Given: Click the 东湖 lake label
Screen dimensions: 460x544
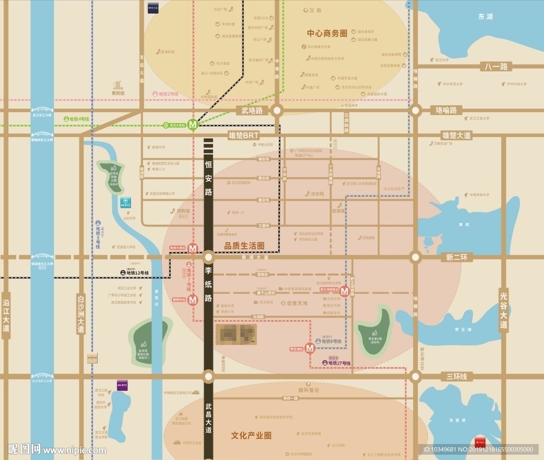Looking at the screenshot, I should (x=485, y=16).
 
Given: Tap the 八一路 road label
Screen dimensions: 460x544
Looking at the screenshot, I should (x=496, y=66).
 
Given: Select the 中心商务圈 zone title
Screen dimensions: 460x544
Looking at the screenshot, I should (x=327, y=33).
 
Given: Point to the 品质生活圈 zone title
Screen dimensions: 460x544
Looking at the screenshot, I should (x=244, y=246).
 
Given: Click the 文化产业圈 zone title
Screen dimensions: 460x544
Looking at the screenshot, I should (x=251, y=435).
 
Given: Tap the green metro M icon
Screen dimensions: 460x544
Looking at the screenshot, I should (x=193, y=124).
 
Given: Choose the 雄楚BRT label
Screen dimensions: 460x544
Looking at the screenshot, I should (x=243, y=136).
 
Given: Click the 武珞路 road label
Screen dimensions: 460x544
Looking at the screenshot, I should (x=252, y=110).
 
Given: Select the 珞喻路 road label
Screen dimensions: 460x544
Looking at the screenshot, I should (x=446, y=110).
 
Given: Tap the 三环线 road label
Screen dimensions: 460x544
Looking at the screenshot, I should (x=456, y=377).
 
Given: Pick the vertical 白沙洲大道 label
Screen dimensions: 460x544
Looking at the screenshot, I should (x=81, y=314).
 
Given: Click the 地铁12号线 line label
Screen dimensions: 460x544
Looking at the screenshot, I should (x=134, y=273).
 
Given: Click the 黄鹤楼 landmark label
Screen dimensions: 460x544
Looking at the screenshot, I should (x=117, y=93).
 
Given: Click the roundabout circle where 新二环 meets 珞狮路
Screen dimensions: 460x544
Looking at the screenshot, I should (x=415, y=257).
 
